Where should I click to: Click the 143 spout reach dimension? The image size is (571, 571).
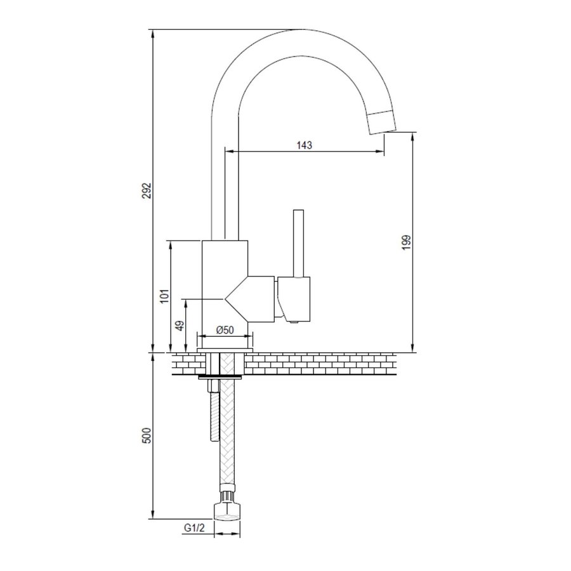(x=305, y=145)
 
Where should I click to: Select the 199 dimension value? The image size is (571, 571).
(x=407, y=243)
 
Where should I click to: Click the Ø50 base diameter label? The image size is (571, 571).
(x=225, y=330)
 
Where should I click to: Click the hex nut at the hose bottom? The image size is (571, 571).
(x=227, y=511)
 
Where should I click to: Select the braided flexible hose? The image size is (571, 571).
(x=227, y=438)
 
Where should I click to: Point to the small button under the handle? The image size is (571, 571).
(x=293, y=324)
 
